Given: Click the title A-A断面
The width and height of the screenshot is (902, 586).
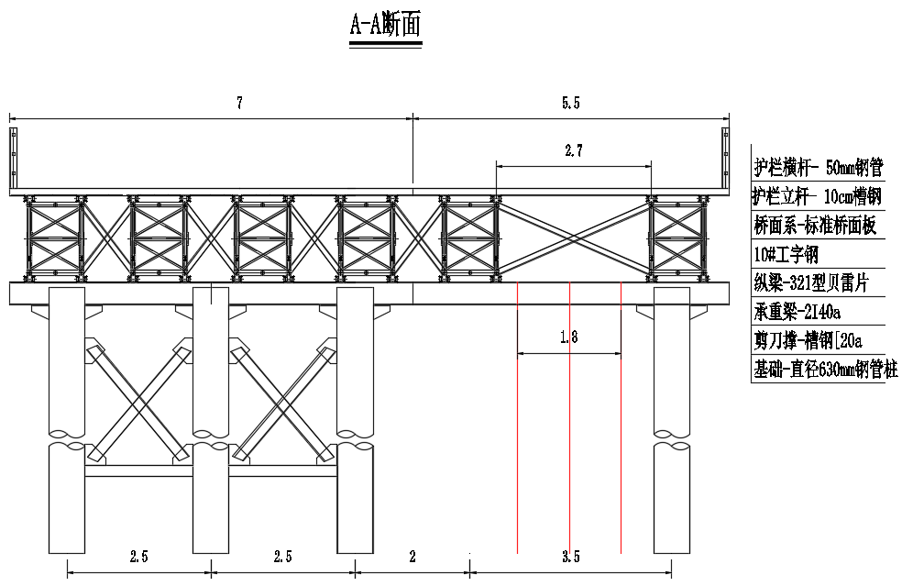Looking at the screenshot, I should (385, 25).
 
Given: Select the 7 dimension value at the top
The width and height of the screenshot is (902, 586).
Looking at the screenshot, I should (239, 104).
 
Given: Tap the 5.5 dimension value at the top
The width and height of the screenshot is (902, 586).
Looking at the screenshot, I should (570, 104).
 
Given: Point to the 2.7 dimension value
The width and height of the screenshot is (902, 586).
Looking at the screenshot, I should (574, 152).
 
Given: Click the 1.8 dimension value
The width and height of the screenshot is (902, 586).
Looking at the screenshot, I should (568, 337).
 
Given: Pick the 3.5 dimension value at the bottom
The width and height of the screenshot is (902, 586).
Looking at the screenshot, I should (570, 557).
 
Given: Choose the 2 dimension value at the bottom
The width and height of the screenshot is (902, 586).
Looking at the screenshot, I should (412, 557).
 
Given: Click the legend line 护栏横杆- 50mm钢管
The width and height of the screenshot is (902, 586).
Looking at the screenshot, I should (818, 168).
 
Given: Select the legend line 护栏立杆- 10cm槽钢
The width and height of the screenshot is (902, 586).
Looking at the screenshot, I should (818, 196).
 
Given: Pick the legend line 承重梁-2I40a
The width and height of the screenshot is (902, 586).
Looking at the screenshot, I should (797, 312).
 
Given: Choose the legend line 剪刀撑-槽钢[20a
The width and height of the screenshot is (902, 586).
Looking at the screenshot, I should (808, 341).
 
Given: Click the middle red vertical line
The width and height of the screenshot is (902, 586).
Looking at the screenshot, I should (570, 417).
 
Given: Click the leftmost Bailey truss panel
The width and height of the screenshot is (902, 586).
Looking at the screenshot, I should (54, 238).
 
